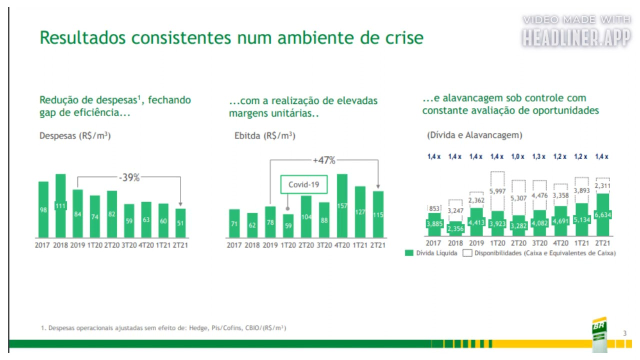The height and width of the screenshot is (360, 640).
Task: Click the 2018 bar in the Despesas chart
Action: pos(60,205)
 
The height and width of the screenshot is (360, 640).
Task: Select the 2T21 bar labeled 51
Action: pos(180,223)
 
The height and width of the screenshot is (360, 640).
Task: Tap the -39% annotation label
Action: pos(129,177)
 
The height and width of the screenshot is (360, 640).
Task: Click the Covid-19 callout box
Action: pos(304,184)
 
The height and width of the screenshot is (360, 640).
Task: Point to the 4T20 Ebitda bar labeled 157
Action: pos(342,205)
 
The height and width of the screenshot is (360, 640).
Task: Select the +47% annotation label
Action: pos(323,160)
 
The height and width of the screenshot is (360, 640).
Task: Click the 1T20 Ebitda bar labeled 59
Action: pos(288,225)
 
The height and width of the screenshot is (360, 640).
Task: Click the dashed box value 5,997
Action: pos(497,191)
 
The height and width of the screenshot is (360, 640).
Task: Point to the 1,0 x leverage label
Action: pos(518,157)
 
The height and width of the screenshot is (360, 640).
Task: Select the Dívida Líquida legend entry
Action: pos(431,253)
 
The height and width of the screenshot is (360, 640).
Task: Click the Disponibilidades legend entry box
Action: pos(467,253)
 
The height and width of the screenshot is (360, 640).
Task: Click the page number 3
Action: pos(624,333)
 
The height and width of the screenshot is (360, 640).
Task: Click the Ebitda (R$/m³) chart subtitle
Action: pos(264,136)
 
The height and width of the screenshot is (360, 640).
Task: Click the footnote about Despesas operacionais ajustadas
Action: pos(163,328)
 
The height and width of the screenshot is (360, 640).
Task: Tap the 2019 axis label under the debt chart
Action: pos(475,243)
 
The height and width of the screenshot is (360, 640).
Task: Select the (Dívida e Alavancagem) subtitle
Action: pos(474,135)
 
